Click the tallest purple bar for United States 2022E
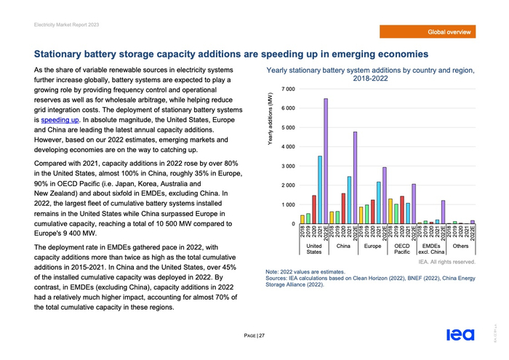point(326,160)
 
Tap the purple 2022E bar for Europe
point(384,195)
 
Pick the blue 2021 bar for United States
point(320,189)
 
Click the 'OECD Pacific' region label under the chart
point(401,249)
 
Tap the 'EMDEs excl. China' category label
point(430,249)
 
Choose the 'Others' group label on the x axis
point(460,247)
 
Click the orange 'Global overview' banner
point(449,32)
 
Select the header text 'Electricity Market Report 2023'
point(67,25)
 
